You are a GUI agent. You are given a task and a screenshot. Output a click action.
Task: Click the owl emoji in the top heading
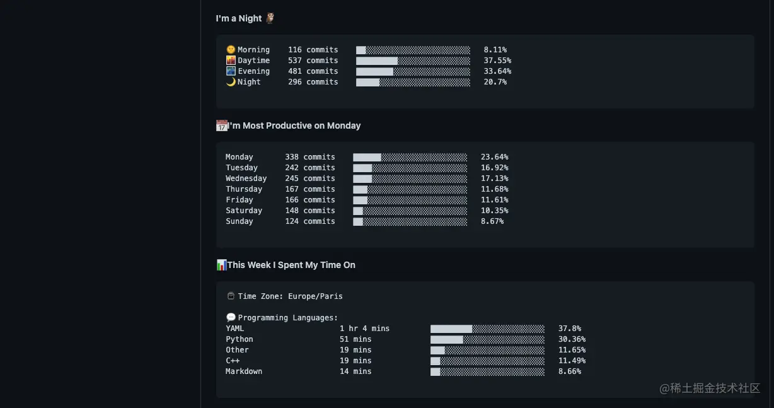pos(270,18)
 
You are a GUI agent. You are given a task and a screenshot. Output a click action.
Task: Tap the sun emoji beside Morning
pos(231,50)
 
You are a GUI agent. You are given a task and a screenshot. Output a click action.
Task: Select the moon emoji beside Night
pos(231,82)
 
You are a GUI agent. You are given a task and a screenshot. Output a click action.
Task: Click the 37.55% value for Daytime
pos(497,61)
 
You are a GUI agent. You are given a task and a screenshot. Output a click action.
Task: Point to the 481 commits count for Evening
pos(313,71)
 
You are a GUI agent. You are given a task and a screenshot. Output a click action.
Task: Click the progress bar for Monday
pos(410,157)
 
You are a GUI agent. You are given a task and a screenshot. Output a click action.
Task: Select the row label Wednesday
pos(246,178)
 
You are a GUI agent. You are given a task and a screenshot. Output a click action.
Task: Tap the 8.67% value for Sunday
pos(492,221)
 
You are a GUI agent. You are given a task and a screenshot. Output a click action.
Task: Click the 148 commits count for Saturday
pos(309,211)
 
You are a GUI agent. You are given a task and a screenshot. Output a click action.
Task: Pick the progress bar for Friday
pos(410,200)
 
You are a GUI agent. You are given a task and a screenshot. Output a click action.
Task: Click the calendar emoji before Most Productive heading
pos(222,125)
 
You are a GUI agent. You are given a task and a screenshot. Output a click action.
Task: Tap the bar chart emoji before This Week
pos(221,265)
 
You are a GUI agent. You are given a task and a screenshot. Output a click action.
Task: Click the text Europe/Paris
pos(315,296)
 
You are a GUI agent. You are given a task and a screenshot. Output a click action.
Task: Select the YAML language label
pos(234,329)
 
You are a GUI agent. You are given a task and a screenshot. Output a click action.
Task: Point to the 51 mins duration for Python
pos(355,339)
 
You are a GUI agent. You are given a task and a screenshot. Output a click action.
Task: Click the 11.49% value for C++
pos(572,361)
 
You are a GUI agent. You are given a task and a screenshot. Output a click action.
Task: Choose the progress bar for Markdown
pos(487,371)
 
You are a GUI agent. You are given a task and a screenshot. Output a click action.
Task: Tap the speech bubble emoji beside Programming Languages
pos(231,318)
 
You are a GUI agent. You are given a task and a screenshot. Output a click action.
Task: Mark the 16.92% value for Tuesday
pos(494,168)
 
